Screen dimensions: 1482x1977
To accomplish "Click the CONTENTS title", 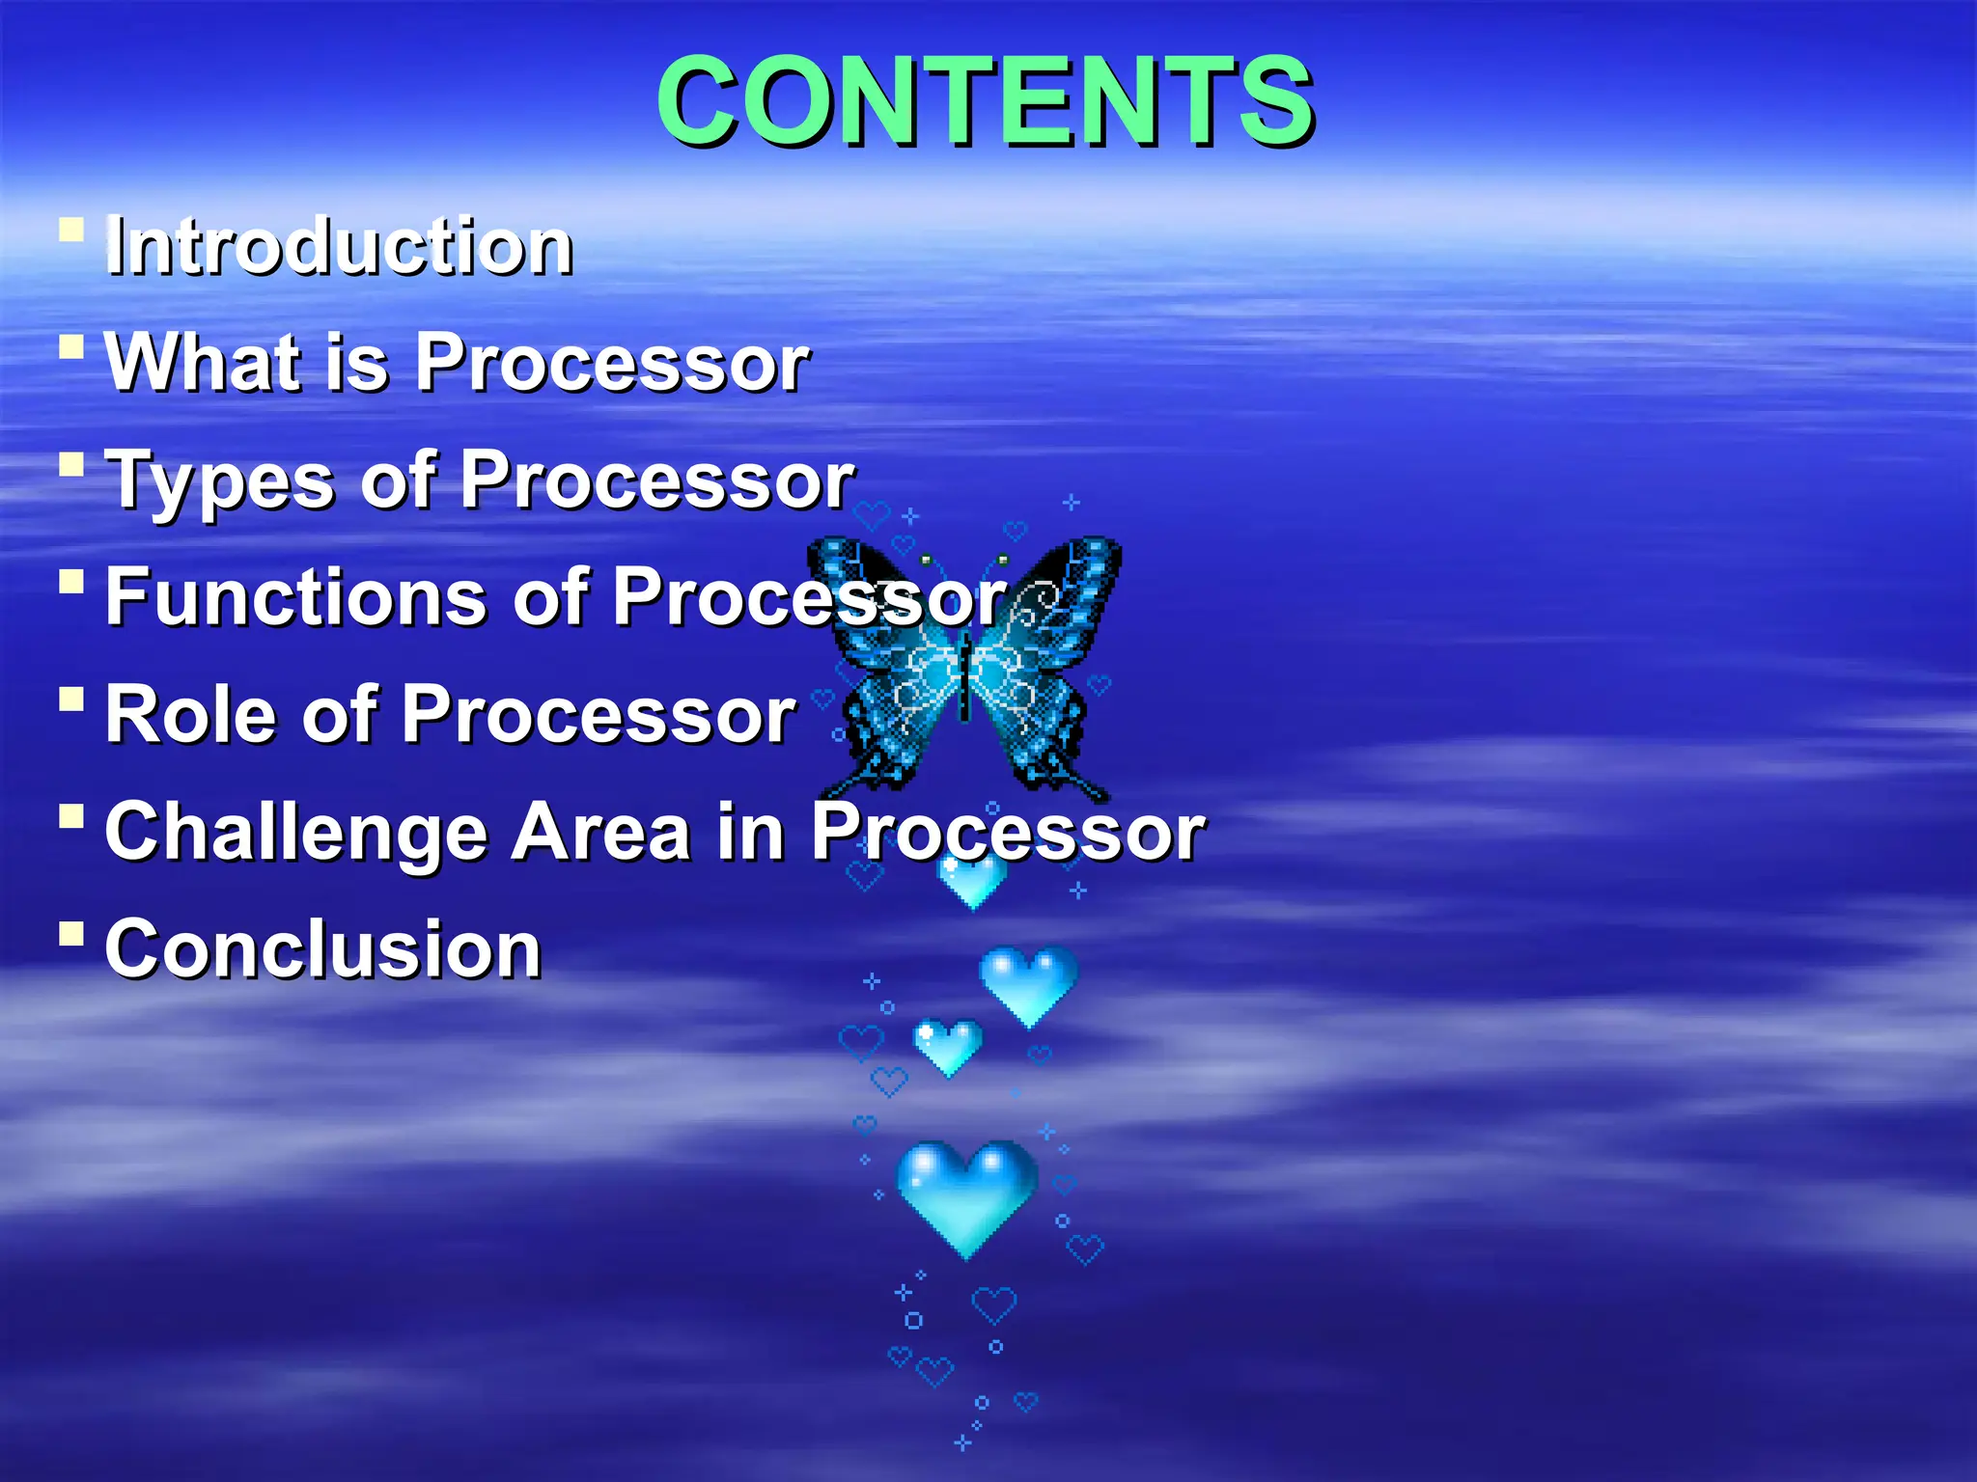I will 985,100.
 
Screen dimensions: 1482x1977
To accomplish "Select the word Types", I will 220,480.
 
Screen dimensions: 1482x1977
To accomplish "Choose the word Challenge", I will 295,832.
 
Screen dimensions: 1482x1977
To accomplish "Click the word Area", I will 600,832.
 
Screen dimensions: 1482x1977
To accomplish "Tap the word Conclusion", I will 322,948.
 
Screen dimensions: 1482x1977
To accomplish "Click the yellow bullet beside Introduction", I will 71,231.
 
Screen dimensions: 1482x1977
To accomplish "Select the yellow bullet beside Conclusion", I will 71,933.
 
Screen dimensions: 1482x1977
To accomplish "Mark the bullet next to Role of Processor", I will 71,699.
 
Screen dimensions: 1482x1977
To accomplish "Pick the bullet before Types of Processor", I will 71,465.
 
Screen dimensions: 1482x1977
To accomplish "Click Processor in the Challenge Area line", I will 1008,832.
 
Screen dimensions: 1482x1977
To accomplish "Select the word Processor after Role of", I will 599,714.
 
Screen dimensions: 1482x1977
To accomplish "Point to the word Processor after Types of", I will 656,480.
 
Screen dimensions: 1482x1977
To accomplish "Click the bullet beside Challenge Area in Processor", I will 71,816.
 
